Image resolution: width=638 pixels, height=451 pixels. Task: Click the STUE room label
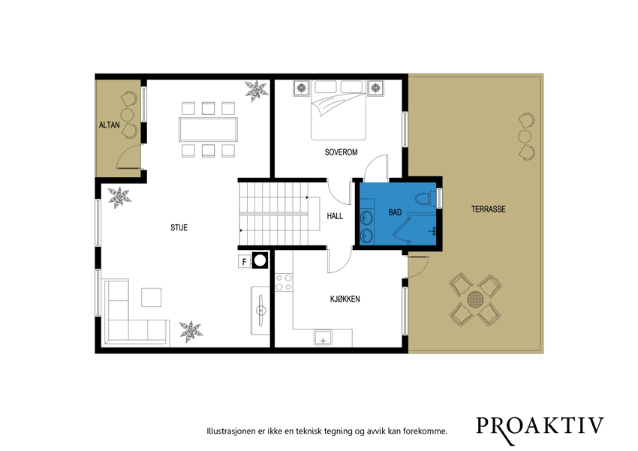point(179,227)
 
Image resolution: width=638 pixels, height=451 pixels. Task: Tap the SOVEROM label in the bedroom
point(341,152)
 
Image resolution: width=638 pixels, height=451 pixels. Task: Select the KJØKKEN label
point(345,299)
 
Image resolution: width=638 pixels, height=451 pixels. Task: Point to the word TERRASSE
point(489,209)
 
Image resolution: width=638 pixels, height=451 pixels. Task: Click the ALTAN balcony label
point(110,125)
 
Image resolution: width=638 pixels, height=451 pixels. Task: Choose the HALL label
point(335,216)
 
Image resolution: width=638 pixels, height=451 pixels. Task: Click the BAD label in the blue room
point(395,212)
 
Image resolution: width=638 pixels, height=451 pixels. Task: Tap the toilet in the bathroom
point(426,198)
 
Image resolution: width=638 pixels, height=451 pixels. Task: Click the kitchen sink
point(323,338)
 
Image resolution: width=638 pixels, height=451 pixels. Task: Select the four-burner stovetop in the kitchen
point(284,282)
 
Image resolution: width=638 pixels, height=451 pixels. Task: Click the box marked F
point(244,262)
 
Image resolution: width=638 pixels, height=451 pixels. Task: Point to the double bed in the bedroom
point(339,110)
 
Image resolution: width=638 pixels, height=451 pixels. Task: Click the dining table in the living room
point(209,129)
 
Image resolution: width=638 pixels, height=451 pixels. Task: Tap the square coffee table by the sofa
point(152,297)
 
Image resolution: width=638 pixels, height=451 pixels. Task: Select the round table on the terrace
point(475,300)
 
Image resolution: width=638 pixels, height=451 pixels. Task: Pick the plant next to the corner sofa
point(191,332)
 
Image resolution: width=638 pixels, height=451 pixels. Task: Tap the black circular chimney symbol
point(260,260)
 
